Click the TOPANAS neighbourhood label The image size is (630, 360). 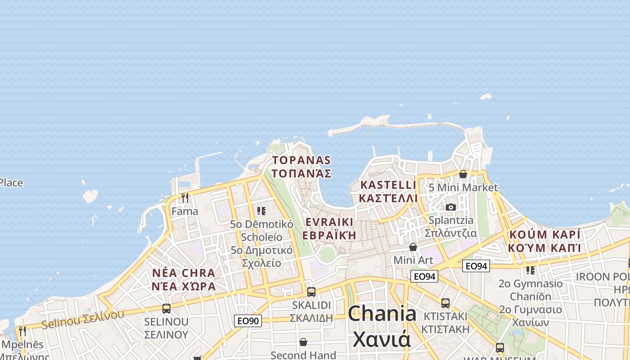pyautogui.click(x=301, y=167)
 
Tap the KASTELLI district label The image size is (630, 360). pyautogui.click(x=389, y=191)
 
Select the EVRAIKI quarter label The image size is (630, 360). pyautogui.click(x=329, y=229)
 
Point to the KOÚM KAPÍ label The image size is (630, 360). pyautogui.click(x=544, y=241)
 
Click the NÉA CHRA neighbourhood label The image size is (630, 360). pyautogui.click(x=184, y=279)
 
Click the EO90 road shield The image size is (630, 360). pyautogui.click(x=248, y=321)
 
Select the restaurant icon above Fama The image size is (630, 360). pyautogui.click(x=184, y=198)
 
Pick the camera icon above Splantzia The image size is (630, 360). pyautogui.click(x=450, y=207)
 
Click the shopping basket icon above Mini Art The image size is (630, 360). pyautogui.click(x=413, y=247)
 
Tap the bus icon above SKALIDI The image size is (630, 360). pyautogui.click(x=311, y=292)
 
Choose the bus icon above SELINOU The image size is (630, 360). pyautogui.click(x=166, y=309)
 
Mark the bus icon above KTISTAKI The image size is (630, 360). pyautogui.click(x=445, y=303)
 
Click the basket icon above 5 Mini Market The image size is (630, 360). pyautogui.click(x=463, y=174)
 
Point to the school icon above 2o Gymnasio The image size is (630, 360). pyautogui.click(x=531, y=270)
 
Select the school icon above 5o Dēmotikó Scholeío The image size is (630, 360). pyautogui.click(x=261, y=211)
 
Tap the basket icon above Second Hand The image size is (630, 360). pyautogui.click(x=303, y=342)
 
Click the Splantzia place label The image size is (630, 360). pyautogui.click(x=451, y=226)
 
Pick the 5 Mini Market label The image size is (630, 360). pyautogui.click(x=463, y=187)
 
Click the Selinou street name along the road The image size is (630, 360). pyautogui.click(x=83, y=319)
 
